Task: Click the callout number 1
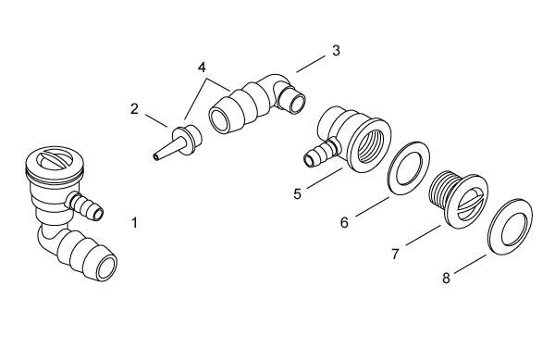click(134, 223)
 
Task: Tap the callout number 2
click(134, 108)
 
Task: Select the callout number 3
click(336, 51)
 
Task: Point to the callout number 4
click(202, 68)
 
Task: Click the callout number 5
click(297, 194)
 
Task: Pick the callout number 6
click(344, 223)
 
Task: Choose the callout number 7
click(395, 254)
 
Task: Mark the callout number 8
click(447, 278)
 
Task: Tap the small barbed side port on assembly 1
click(86, 206)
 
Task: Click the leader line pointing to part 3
click(311, 64)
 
